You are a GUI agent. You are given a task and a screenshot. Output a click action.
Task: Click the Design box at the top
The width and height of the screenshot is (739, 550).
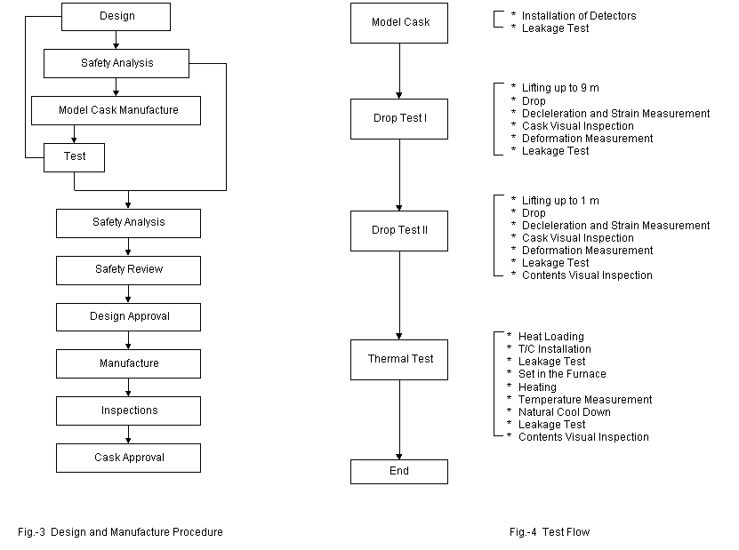coord(116,17)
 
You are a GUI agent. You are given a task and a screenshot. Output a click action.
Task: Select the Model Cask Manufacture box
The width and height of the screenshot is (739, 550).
coord(116,111)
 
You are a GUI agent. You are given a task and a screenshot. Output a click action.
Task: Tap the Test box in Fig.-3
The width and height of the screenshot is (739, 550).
coord(74,158)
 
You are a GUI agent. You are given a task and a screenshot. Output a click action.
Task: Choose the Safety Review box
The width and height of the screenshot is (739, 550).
coord(128,270)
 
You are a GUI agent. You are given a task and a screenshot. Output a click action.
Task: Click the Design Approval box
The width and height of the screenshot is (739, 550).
coord(128,317)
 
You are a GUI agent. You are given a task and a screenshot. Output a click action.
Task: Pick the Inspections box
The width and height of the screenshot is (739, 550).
coord(128,411)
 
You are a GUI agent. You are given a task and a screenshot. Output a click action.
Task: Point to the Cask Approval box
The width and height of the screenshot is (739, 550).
coord(128,458)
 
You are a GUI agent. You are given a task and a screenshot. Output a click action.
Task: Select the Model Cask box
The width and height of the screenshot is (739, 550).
coord(399,23)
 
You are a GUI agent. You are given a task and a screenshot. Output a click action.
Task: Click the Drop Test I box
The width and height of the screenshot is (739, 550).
coord(399,119)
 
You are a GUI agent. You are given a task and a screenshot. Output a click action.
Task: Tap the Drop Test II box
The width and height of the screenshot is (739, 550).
coord(399,231)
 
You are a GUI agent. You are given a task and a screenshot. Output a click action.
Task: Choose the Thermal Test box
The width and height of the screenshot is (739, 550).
coord(399,360)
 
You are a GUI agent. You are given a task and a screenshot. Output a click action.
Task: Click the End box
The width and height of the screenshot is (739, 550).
coord(399,472)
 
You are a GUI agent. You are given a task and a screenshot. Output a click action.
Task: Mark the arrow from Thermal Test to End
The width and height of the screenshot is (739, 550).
coord(399,419)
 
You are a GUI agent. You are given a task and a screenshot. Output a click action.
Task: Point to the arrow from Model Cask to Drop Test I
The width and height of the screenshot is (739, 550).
coord(399,71)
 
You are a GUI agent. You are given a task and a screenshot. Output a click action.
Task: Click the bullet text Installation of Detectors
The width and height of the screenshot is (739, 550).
coord(579,16)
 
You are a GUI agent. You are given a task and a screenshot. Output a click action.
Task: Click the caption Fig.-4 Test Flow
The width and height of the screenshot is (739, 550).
coord(550,532)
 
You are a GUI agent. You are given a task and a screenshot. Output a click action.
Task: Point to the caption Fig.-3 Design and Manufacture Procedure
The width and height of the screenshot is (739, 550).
coord(120,532)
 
